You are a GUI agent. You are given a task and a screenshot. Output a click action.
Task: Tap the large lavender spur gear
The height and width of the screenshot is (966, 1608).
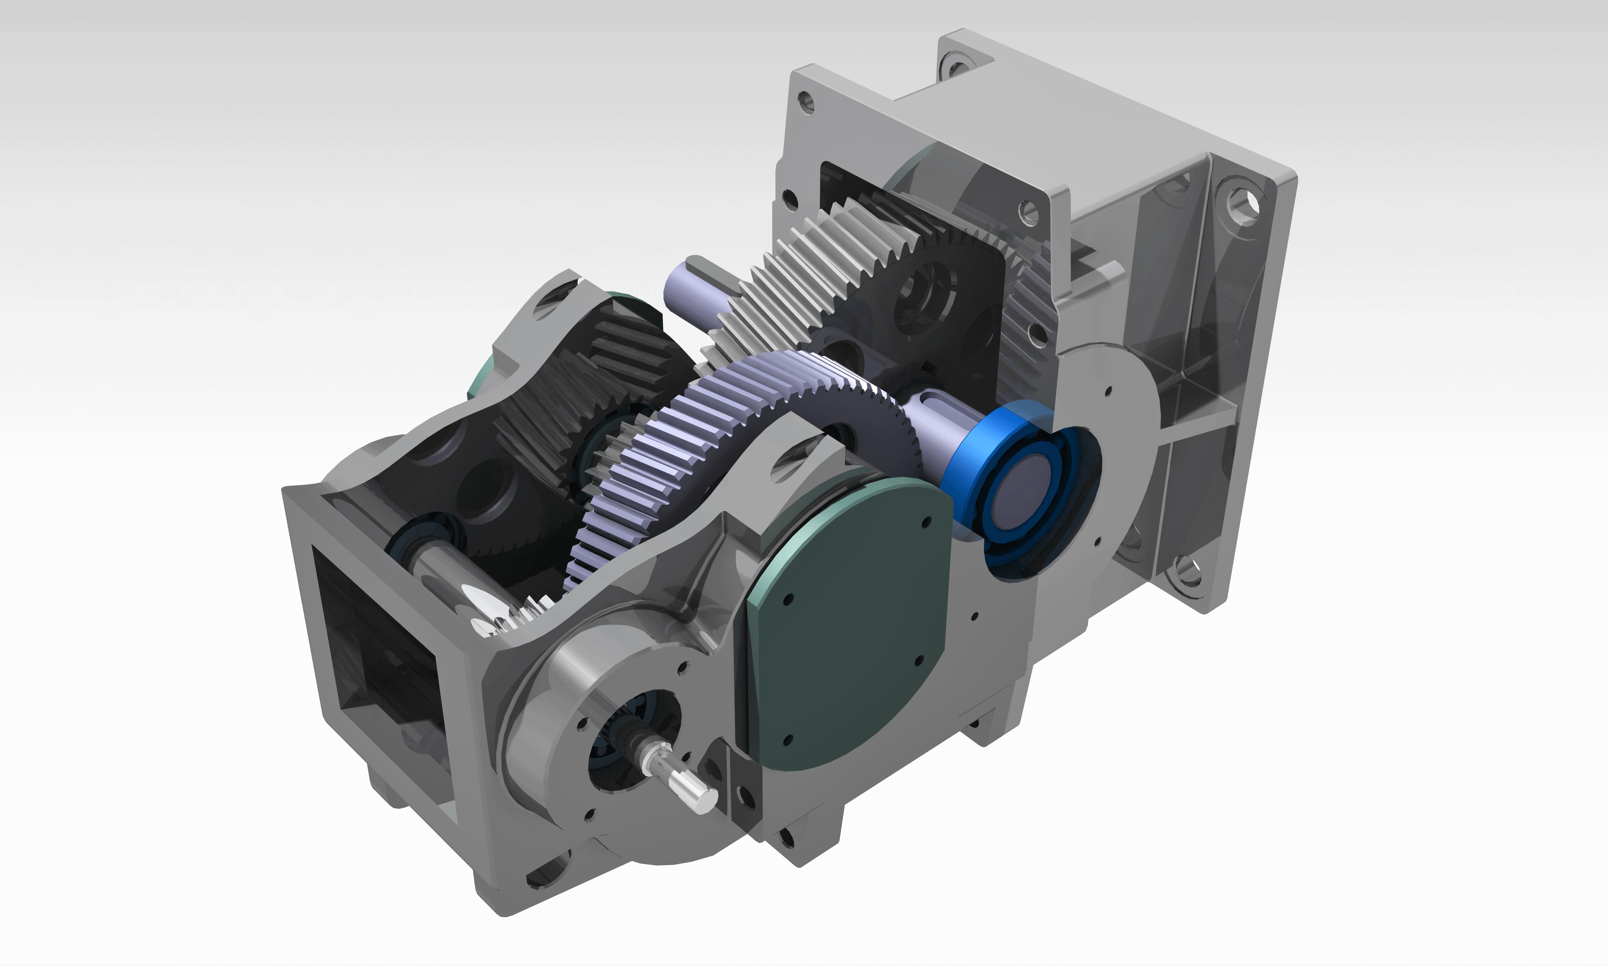pyautogui.click(x=683, y=456)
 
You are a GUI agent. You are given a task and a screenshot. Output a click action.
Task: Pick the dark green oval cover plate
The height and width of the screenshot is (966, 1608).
pyautogui.click(x=846, y=618)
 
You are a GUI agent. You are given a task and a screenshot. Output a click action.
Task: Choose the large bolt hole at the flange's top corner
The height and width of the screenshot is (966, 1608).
pyautogui.click(x=1243, y=202)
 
